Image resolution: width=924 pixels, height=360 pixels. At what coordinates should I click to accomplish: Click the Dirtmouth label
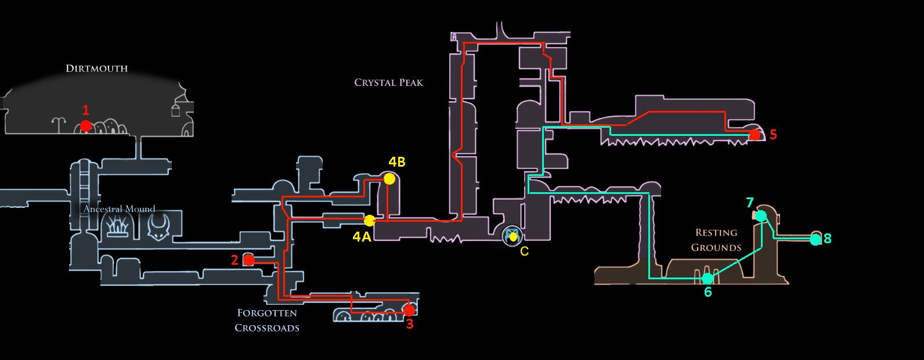click(x=96, y=69)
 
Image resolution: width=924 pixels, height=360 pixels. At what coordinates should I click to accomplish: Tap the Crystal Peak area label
click(x=388, y=82)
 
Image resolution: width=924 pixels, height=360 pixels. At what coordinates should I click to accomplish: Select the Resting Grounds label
click(x=716, y=240)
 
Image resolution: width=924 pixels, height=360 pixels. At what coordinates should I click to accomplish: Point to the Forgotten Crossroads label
click(x=267, y=320)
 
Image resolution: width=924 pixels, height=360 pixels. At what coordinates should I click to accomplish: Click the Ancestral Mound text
click(x=119, y=209)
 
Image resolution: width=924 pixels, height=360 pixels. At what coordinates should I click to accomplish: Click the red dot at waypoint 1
click(x=86, y=125)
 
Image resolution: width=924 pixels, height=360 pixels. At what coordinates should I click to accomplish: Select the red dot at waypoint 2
click(x=249, y=260)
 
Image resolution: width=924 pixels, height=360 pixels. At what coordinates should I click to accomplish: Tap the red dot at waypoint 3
click(x=409, y=310)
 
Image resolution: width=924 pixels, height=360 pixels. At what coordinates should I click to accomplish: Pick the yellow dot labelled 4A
click(x=370, y=221)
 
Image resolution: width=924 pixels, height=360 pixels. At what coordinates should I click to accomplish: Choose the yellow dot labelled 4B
click(x=389, y=179)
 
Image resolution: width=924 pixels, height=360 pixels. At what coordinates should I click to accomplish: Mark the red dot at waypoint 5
click(x=755, y=135)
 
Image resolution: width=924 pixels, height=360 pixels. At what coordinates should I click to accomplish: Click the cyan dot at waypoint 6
click(x=708, y=279)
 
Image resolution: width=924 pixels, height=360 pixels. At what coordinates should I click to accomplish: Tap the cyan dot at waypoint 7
click(x=761, y=216)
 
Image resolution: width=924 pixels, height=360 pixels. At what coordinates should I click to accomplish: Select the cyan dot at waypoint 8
click(x=815, y=239)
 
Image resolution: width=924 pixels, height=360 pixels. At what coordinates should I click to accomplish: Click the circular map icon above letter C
click(x=512, y=235)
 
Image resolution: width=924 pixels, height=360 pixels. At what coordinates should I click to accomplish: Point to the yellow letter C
click(x=524, y=251)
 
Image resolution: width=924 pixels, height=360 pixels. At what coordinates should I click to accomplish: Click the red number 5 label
click(x=773, y=135)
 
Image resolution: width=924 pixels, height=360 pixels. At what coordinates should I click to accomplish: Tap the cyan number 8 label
click(x=827, y=239)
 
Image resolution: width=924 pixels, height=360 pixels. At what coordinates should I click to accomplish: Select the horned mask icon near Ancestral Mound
click(x=158, y=226)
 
